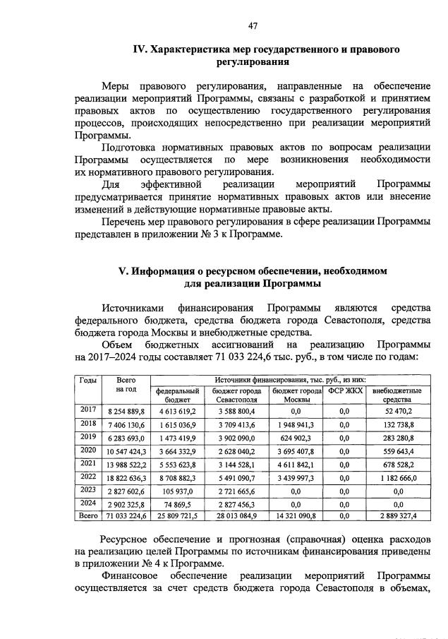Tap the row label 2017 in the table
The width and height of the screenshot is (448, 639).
click(88, 410)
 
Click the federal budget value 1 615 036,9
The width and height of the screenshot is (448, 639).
click(176, 425)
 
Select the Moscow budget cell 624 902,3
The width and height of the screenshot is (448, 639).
click(296, 438)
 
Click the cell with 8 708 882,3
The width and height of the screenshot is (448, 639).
click(176, 478)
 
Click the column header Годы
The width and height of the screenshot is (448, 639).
click(88, 381)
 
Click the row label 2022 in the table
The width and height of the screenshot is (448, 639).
click(88, 478)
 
